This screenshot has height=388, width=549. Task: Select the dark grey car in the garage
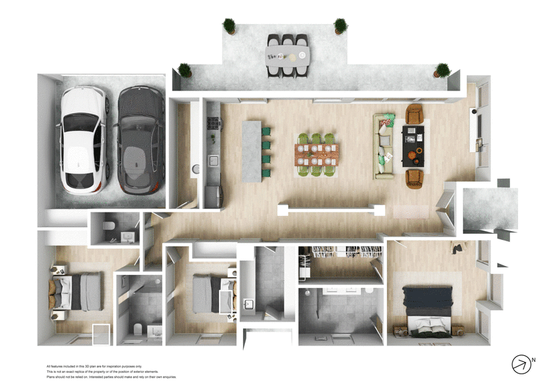tap(140, 140)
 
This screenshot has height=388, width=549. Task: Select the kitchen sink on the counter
tap(213, 162)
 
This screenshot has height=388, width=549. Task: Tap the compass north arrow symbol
tap(522, 365)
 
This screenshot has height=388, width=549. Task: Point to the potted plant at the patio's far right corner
tap(442, 69)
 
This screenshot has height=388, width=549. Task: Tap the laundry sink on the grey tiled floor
tap(248, 304)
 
